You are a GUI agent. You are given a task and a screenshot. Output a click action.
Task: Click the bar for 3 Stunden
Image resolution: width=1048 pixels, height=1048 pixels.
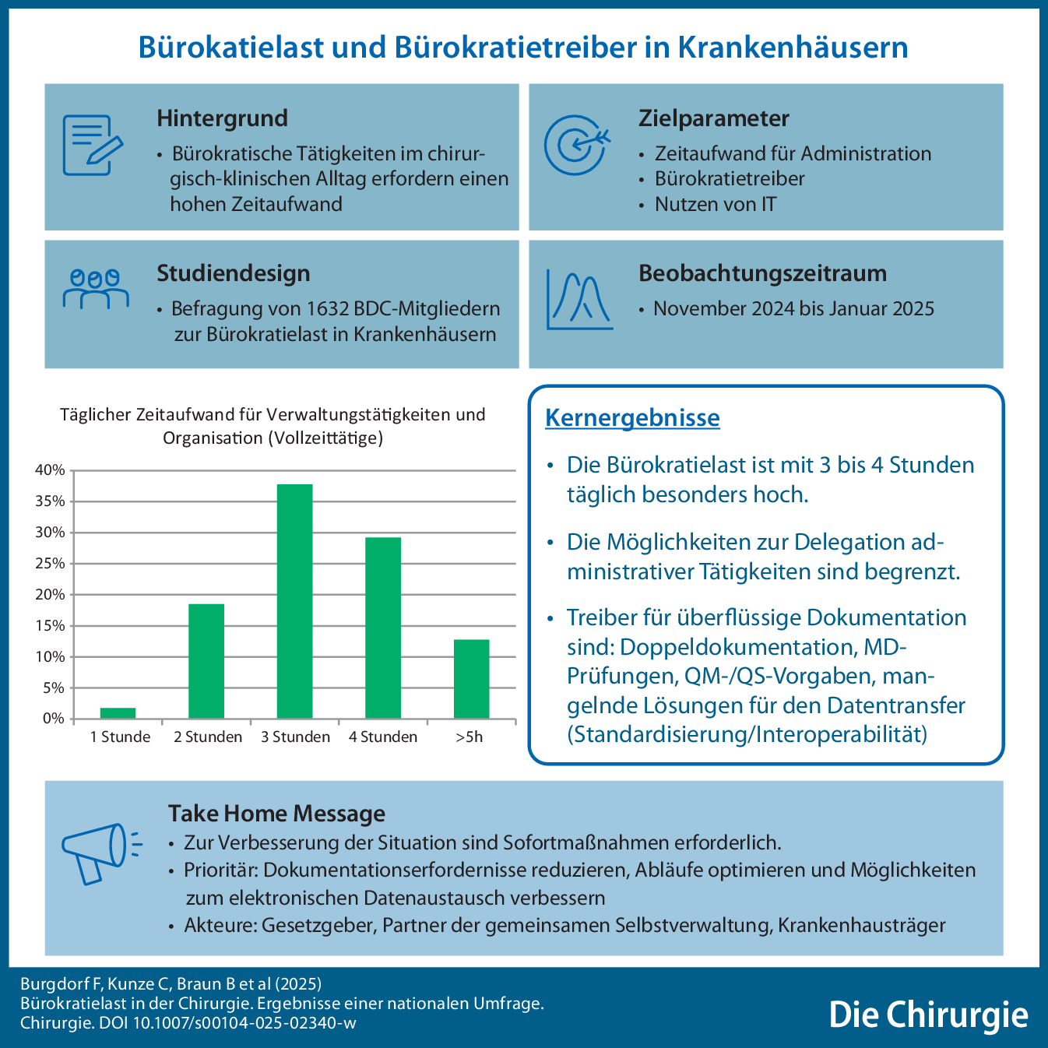(295, 601)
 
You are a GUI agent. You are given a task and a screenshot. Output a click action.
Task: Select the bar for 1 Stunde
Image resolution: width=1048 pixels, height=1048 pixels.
(118, 713)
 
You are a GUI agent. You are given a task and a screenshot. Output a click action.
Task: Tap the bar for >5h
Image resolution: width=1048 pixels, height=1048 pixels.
(471, 679)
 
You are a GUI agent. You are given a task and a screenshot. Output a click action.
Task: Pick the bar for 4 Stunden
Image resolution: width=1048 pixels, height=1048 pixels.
(383, 628)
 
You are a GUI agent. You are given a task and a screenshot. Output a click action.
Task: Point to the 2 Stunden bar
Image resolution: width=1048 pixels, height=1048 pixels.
(206, 661)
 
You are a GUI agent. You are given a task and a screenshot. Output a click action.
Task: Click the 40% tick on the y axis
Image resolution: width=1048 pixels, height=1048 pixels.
(50, 470)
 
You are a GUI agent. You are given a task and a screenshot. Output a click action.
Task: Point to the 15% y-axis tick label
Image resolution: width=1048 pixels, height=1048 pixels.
(50, 626)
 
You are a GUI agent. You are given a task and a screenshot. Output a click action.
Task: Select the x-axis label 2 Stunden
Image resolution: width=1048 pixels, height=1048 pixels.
(208, 737)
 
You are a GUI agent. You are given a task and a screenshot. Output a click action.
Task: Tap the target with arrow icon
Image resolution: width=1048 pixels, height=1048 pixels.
(575, 144)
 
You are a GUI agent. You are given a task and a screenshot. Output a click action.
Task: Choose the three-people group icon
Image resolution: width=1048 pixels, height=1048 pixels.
(95, 289)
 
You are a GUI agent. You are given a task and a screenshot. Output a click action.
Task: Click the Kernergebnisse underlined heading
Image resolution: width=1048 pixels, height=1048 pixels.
(632, 418)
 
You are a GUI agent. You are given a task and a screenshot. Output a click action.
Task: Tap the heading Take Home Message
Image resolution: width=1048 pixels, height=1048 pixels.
(276, 814)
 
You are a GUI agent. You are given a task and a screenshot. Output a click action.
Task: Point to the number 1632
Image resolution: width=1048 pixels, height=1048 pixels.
(328, 309)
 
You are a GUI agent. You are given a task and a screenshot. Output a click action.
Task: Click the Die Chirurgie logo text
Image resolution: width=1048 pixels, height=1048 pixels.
(928, 1015)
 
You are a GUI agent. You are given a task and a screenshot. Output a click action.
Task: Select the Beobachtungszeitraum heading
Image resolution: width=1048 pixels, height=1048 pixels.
(762, 273)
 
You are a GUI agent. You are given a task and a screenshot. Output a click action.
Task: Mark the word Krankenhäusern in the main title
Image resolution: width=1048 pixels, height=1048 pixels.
(793, 47)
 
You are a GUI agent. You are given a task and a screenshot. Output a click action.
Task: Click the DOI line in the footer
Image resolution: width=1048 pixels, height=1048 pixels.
(188, 1023)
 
